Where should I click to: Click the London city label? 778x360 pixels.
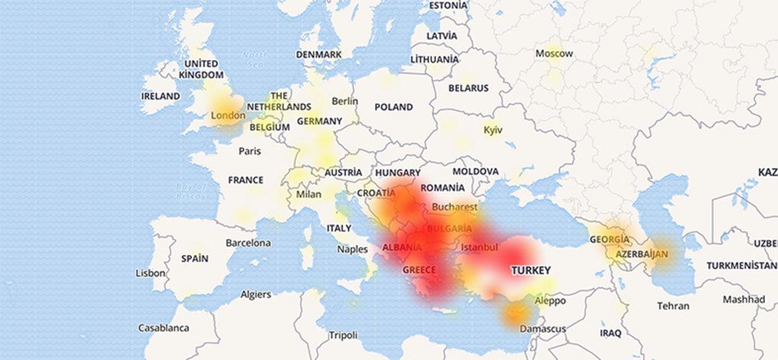pos(228,116)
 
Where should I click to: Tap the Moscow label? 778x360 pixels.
pos(554,54)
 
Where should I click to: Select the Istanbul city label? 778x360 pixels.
pos(479,247)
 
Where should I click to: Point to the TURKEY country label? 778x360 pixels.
pos(530,270)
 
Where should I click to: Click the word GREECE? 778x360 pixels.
pos(419,270)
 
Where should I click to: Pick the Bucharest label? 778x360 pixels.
pos(454,208)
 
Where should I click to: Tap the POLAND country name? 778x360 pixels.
pos(393,106)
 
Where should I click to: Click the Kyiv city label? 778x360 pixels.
pos(493,130)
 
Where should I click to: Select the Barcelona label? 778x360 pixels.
pos(248,243)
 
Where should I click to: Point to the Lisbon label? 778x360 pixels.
pos(150,273)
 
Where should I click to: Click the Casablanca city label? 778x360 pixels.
pos(163,328)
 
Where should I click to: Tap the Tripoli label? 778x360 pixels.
pos(343,335)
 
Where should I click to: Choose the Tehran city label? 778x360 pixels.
pos(673,306)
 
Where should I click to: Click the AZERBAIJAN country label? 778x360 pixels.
pos(641,254)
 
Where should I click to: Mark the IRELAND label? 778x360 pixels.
pos(160,96)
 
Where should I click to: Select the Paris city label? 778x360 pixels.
pos(250,151)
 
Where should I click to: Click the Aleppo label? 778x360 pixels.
pos(550,301)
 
